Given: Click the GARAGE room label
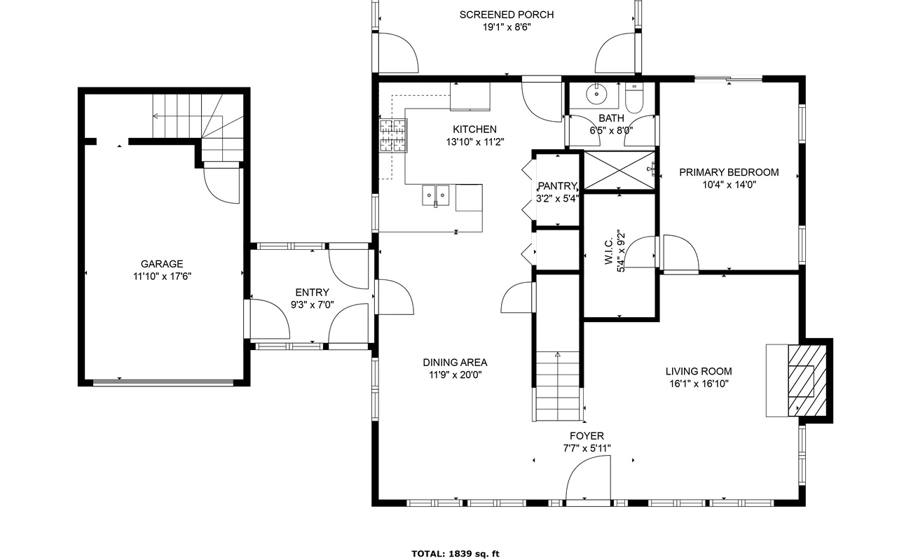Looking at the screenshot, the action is [x=162, y=264].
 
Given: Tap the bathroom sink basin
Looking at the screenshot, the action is [x=596, y=94].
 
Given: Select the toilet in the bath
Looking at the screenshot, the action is [x=633, y=98].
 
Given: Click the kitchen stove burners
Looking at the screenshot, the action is [x=393, y=136].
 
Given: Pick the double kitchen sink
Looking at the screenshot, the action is [x=436, y=195].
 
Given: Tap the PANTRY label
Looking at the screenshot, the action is [x=557, y=186].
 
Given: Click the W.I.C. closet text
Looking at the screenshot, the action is [x=609, y=251].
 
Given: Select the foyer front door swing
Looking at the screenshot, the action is [x=589, y=478].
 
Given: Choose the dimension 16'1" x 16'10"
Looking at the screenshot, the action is [x=699, y=384].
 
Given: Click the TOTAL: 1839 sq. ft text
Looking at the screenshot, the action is [x=455, y=554].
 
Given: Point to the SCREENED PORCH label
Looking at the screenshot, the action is [x=507, y=15].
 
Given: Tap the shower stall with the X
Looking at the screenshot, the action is [x=619, y=170].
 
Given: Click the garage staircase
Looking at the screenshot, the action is [x=198, y=128].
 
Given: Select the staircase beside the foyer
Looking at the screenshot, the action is [x=558, y=386].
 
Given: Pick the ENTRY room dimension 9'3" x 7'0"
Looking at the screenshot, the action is [x=313, y=304].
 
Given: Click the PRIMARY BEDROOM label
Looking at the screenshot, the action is [x=730, y=172].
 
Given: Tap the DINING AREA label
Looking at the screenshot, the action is [x=455, y=363].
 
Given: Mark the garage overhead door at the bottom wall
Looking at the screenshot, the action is [x=163, y=382].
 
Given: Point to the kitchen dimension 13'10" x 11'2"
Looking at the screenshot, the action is [x=475, y=142].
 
